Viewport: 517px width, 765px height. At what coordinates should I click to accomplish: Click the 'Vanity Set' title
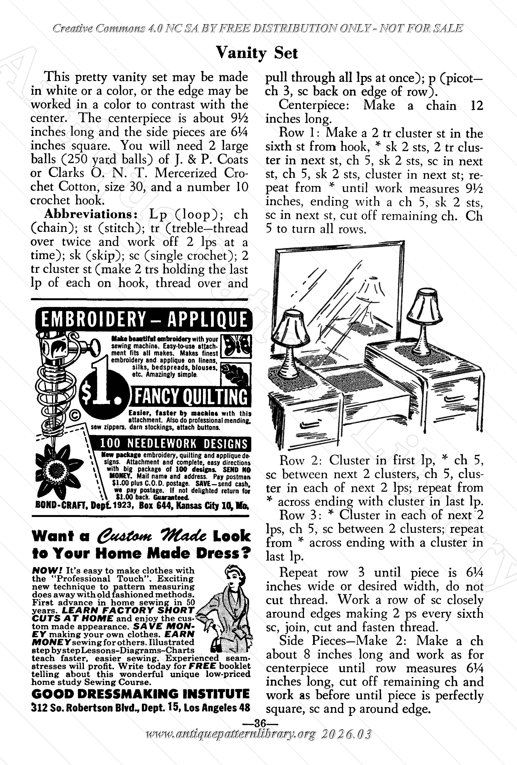(256, 53)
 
